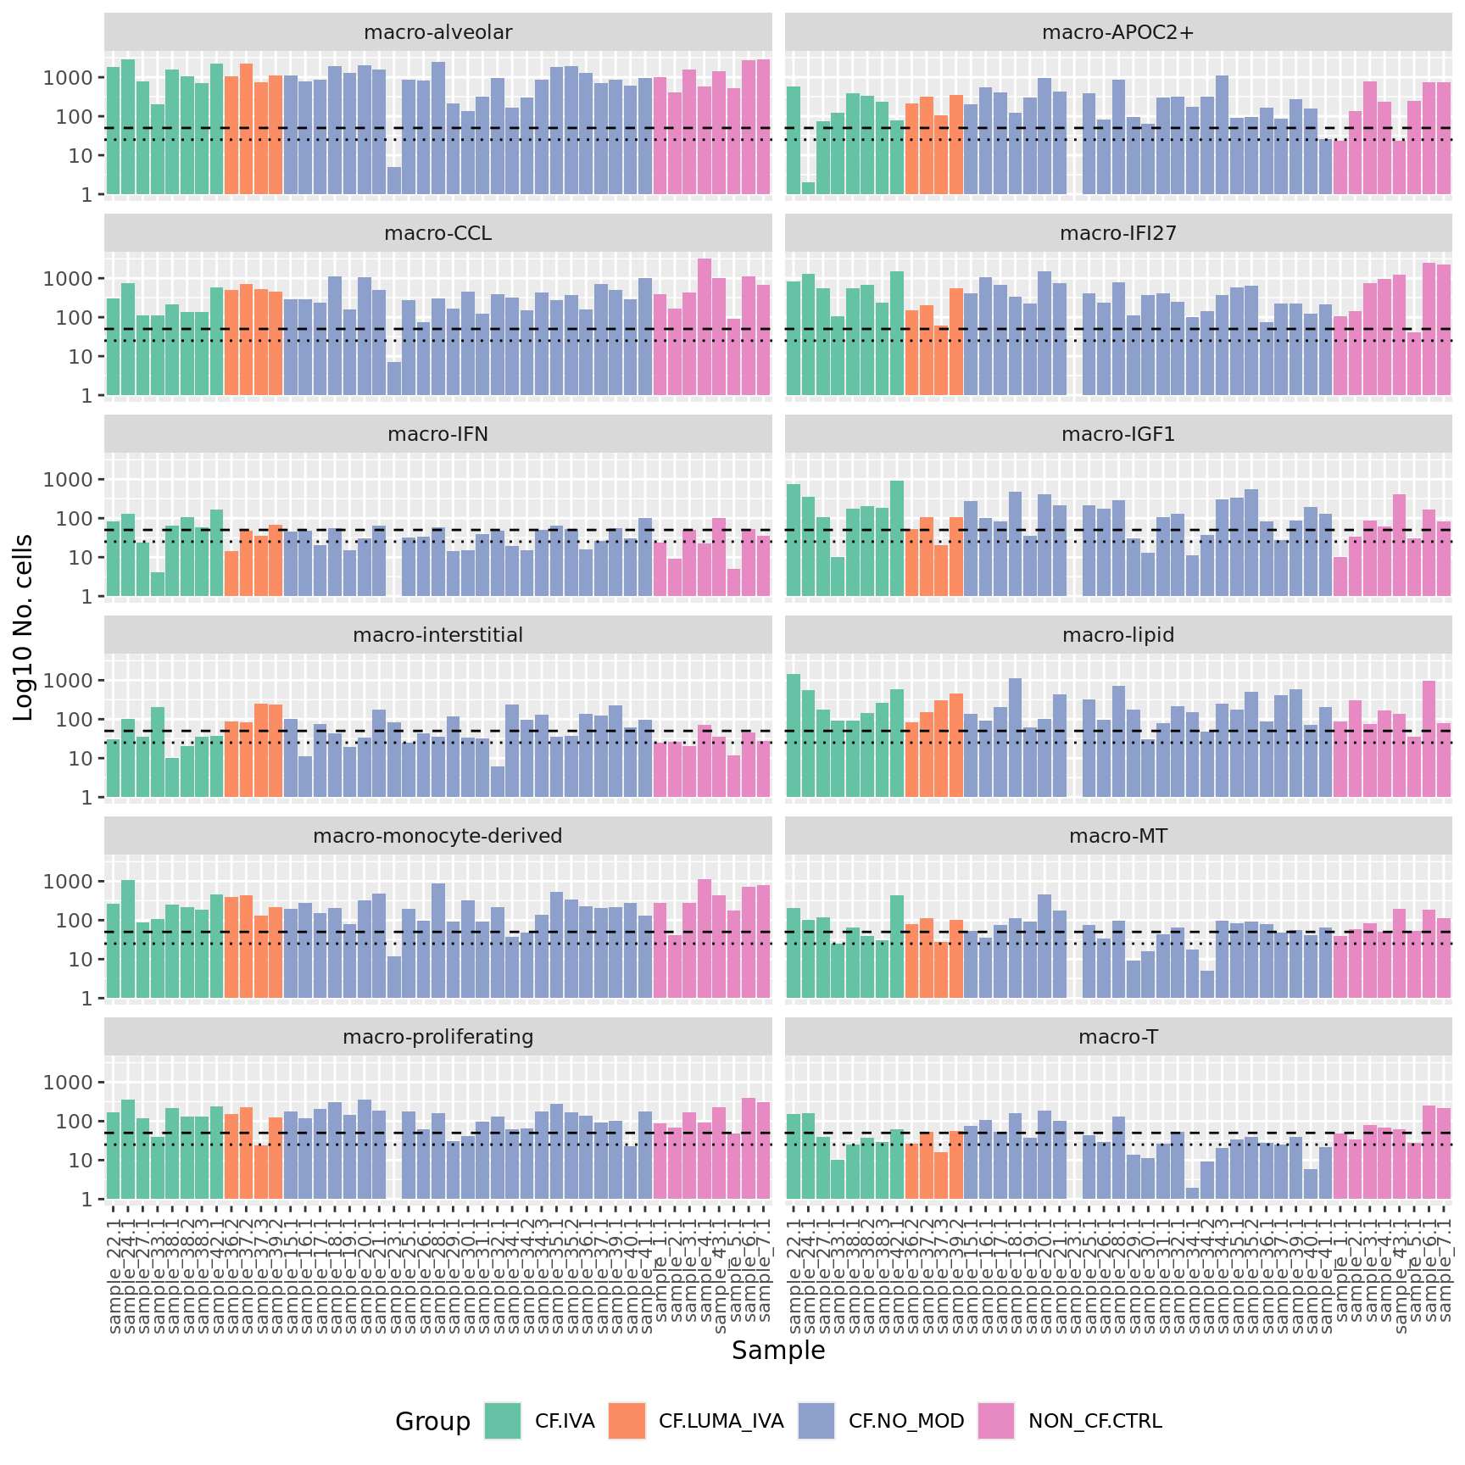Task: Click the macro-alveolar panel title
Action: [x=437, y=32]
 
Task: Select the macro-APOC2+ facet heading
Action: [x=1117, y=32]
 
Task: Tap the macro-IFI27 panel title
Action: [x=1117, y=233]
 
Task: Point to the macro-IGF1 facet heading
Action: [x=1117, y=434]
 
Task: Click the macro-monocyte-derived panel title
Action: [x=437, y=836]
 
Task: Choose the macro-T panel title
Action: [x=1117, y=1037]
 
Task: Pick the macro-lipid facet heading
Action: [x=1117, y=635]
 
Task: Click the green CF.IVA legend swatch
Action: [x=503, y=1421]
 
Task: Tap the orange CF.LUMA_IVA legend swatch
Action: [x=627, y=1421]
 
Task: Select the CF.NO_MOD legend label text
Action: [x=906, y=1421]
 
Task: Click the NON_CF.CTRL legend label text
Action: [x=1095, y=1421]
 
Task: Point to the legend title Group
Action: [x=432, y=1421]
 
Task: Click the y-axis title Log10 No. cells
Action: [x=24, y=627]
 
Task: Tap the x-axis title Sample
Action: [x=778, y=1351]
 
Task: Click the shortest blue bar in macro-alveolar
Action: [x=394, y=181]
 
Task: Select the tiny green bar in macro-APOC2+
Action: [x=808, y=188]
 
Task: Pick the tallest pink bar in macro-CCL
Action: [x=705, y=327]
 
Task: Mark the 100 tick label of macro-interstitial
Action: [x=74, y=720]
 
